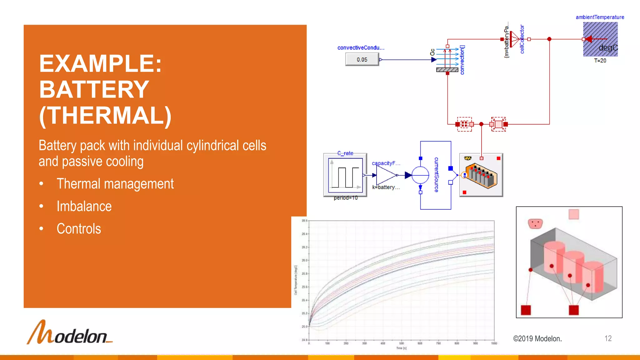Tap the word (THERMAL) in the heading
[x=105, y=116]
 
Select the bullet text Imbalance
[x=84, y=206]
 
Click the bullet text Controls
[x=79, y=229]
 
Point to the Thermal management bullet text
[x=115, y=184]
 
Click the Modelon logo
[x=70, y=332]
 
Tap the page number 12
[x=608, y=338]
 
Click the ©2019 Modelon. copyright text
[x=537, y=339]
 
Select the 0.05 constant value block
[x=362, y=59]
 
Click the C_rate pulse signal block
[x=345, y=175]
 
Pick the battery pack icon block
[x=481, y=175]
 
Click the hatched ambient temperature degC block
[x=600, y=39]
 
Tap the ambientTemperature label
[x=600, y=17]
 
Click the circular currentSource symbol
[x=420, y=175]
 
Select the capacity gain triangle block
[x=386, y=175]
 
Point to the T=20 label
[x=600, y=61]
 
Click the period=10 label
[x=346, y=198]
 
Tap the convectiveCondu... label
[x=361, y=48]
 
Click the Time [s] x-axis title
[x=401, y=348]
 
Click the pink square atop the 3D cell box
[x=574, y=214]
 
